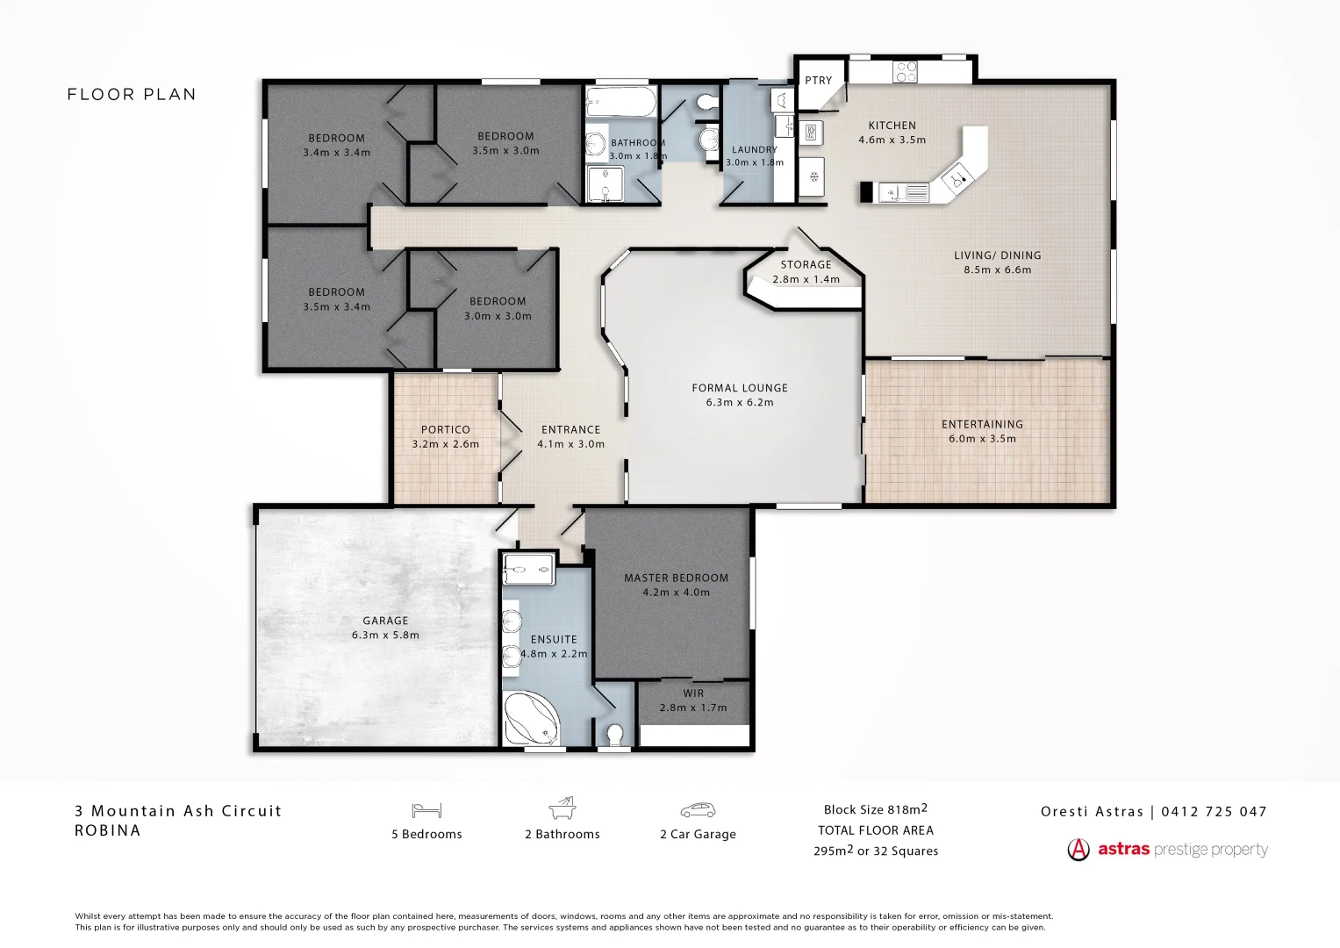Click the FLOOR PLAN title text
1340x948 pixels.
(132, 95)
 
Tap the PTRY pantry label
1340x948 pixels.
(818, 80)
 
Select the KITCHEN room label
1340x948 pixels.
(892, 126)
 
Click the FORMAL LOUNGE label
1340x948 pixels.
(740, 388)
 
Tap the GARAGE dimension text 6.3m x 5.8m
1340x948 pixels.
(385, 635)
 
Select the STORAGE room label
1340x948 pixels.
(806, 264)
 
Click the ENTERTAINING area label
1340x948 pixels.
(982, 424)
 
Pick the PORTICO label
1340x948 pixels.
(445, 429)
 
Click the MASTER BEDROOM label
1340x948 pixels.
(676, 578)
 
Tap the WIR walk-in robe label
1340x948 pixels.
(693, 693)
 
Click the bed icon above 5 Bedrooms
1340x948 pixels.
(426, 810)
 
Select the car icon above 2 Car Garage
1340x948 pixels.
(698, 810)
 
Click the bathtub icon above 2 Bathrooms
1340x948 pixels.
(562, 808)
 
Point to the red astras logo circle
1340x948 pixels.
(1078, 850)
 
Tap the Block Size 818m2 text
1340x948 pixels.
(875, 809)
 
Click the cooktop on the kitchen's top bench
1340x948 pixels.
(905, 71)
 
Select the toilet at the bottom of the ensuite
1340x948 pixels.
(615, 733)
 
